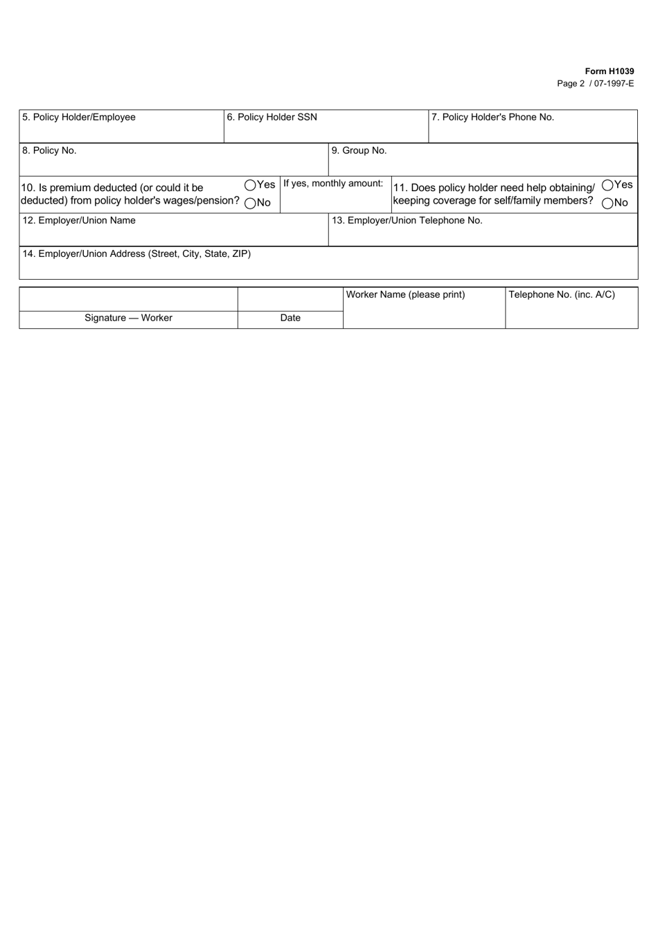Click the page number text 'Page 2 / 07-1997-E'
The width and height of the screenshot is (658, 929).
595,84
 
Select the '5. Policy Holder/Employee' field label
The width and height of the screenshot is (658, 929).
79,118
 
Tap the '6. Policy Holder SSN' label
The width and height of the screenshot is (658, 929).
272,118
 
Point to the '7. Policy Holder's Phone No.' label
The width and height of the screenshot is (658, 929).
492,118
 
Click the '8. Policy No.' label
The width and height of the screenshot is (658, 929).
49,151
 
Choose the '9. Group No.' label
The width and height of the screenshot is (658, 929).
359,151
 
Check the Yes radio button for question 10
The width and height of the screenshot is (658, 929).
250,185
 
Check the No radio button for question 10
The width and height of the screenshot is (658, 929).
250,203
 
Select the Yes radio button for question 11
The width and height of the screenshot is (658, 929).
607,185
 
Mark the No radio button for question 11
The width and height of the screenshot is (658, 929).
607,203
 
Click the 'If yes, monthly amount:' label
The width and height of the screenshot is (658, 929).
333,184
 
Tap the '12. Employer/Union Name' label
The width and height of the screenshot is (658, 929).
79,221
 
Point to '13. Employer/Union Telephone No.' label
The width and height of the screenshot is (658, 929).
407,221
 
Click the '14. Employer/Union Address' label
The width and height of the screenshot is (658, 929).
136,254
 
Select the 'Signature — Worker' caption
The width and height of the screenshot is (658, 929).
128,318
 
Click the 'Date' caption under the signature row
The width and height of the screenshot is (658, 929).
290,318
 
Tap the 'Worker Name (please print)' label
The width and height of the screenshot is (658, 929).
405,295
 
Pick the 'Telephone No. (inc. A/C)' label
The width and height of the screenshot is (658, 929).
562,295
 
